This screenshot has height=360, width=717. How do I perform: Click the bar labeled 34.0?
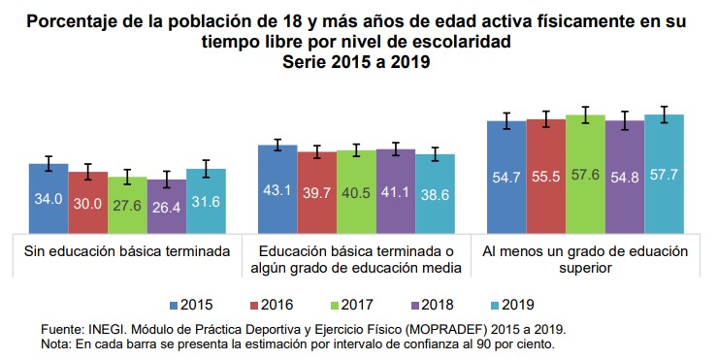(49, 198)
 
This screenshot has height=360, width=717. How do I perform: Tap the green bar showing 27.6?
(127, 205)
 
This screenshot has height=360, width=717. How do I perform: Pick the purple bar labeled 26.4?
(167, 206)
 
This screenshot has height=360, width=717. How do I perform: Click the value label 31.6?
(206, 201)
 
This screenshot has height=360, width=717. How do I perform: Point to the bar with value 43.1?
(277, 188)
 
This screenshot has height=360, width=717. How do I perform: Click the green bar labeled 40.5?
(356, 191)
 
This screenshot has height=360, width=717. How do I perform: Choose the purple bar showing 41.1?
(395, 190)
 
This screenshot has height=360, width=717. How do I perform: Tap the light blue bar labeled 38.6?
(435, 193)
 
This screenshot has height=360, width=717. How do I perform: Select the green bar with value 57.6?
(585, 174)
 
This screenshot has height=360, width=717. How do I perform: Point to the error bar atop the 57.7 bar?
(664, 115)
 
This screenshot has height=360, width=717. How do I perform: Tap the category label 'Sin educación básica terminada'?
(127, 250)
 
